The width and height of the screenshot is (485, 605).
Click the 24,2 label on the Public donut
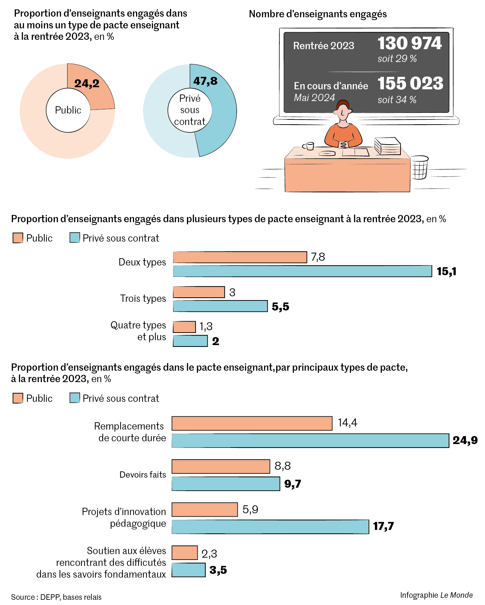click(87, 83)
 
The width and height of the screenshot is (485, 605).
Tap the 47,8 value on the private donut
click(205, 81)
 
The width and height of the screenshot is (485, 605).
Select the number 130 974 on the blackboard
click(410, 44)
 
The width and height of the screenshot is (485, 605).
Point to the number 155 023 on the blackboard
click(410, 83)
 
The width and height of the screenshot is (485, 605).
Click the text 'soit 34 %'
click(397, 100)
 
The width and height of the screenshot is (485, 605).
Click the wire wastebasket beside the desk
click(420, 168)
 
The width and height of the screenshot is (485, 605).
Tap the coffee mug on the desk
click(309, 146)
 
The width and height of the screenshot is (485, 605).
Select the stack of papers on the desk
click(387, 146)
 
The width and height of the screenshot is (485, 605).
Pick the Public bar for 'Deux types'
click(240, 257)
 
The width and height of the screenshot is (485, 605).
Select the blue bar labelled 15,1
click(302, 271)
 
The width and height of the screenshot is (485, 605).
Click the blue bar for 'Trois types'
click(220, 306)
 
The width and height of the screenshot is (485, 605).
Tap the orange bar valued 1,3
click(184, 327)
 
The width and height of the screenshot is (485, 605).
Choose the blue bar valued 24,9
click(310, 441)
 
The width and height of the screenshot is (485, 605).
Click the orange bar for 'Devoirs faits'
click(221, 467)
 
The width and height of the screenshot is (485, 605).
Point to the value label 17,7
click(383, 526)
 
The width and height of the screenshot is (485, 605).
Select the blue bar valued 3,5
click(189, 570)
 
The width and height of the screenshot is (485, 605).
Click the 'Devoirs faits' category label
click(143, 475)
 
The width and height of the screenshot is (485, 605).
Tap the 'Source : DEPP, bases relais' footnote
click(56, 597)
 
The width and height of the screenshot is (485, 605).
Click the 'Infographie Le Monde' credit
click(436, 595)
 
